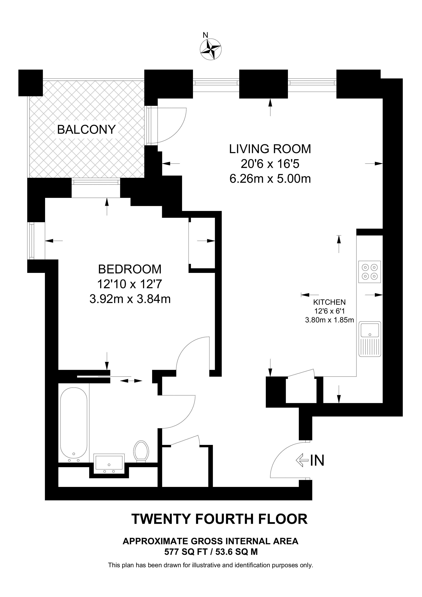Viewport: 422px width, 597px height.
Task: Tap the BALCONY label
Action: tap(86, 129)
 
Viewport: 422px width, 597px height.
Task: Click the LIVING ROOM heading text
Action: tap(270, 149)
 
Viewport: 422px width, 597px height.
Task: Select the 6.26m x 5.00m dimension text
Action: tap(270, 179)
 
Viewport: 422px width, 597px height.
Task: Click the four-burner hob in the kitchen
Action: tap(369, 272)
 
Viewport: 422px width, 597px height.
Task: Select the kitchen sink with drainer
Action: tap(369, 339)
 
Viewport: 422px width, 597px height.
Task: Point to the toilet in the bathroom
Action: tap(141, 452)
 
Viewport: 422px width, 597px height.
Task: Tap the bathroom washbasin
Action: tap(109, 463)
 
